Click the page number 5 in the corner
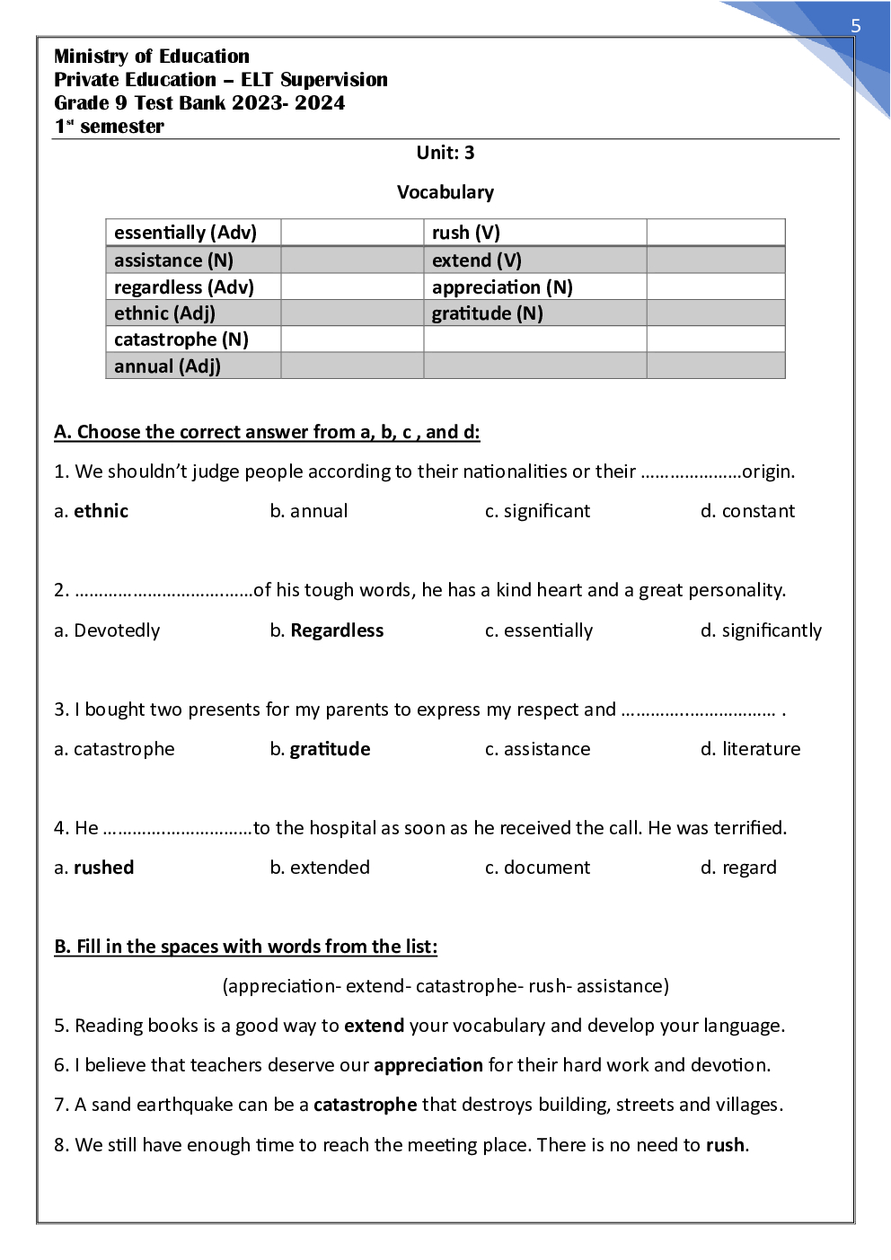pyautogui.click(x=855, y=26)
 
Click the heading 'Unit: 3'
pyautogui.click(x=445, y=153)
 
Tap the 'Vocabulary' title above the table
pyautogui.click(x=445, y=192)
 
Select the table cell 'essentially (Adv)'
pyautogui.click(x=185, y=233)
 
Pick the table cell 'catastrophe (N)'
pyautogui.click(x=181, y=339)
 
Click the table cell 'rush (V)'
pyautogui.click(x=465, y=233)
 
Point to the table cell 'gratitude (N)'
pyautogui.click(x=487, y=313)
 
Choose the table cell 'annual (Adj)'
pyautogui.click(x=167, y=366)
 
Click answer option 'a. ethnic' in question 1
pyautogui.click(x=92, y=511)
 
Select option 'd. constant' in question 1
pyautogui.click(x=747, y=511)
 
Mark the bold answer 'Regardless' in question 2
pyautogui.click(x=337, y=630)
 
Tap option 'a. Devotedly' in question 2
pyautogui.click(x=107, y=630)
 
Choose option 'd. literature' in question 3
pyautogui.click(x=750, y=749)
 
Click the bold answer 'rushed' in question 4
pyautogui.click(x=103, y=868)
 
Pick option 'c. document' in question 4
pyautogui.click(x=537, y=868)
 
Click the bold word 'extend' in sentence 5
pyautogui.click(x=374, y=1026)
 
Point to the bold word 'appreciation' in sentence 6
pyautogui.click(x=428, y=1065)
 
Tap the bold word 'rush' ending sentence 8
pyautogui.click(x=725, y=1145)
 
